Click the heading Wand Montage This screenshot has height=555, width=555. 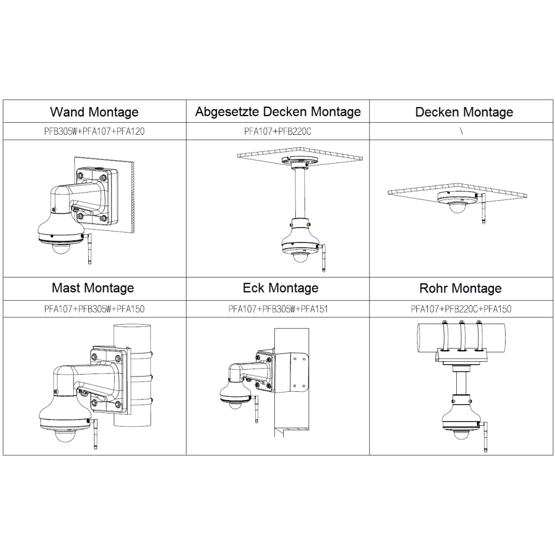tap(94, 112)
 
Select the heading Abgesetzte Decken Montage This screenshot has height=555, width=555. tap(278, 112)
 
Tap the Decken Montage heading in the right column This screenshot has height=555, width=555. tap(464, 112)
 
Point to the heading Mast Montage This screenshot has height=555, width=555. tap(93, 288)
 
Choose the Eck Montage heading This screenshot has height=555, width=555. tap(280, 288)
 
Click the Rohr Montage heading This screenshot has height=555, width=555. tap(461, 289)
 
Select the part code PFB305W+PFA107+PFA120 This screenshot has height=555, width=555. tap(94, 132)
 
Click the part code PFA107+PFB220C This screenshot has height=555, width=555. tap(277, 132)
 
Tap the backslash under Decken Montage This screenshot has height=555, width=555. tap(462, 132)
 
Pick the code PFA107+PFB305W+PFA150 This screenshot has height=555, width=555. tap(94, 309)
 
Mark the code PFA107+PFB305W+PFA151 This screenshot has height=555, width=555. tap(278, 309)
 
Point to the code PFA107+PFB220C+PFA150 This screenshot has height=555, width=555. tap(461, 309)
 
